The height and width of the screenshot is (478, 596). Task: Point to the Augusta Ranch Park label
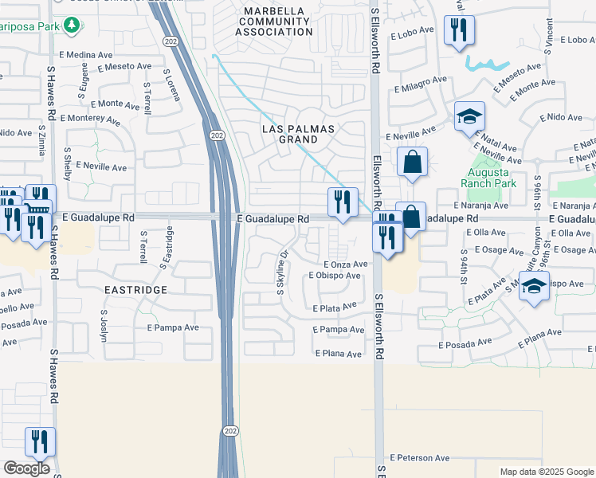[x=488, y=177]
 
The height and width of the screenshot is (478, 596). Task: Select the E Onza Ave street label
[x=345, y=264]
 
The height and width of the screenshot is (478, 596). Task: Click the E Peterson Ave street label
[x=420, y=458]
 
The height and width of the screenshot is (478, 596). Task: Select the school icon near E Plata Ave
[x=534, y=287]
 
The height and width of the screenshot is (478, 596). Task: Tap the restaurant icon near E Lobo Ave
[x=459, y=30]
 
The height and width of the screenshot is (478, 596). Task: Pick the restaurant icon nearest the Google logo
[x=40, y=442]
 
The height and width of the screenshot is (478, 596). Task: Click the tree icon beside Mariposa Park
[x=73, y=25]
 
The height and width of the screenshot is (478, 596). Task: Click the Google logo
[x=26, y=468]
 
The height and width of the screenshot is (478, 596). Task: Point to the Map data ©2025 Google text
[x=546, y=472]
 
